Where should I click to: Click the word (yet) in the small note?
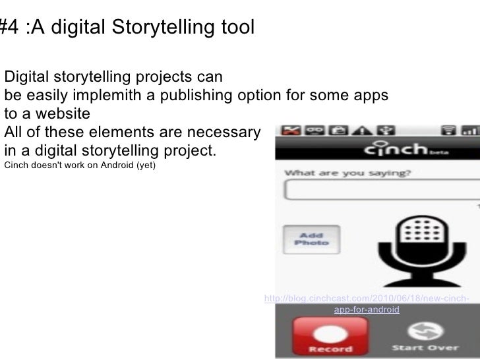click(146, 164)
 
